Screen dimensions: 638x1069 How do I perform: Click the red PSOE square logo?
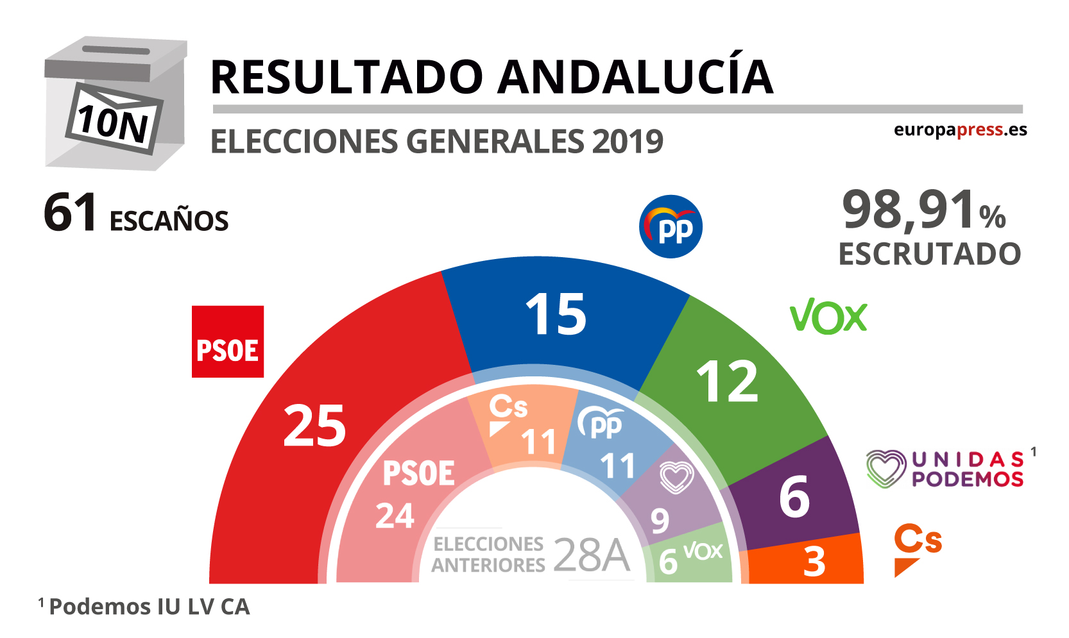228,342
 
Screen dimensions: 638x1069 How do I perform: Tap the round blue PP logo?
671,227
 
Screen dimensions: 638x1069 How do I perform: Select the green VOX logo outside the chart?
828,316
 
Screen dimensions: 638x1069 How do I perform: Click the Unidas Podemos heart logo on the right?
885,469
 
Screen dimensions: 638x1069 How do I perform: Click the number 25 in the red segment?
314,426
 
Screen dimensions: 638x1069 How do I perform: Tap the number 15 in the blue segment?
556,314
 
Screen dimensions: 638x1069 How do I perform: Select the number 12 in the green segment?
727,382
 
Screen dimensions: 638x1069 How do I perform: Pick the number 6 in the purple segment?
794,498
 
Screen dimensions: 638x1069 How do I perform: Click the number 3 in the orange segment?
814,562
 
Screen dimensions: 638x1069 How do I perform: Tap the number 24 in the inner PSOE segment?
395,516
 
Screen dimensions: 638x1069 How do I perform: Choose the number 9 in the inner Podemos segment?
660,521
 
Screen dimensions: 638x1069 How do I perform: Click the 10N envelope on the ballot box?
114,119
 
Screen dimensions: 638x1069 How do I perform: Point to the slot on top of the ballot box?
115,50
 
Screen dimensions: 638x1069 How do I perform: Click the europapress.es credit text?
960,130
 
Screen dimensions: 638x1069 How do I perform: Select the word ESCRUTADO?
929,254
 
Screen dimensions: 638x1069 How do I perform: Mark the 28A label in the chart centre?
591,555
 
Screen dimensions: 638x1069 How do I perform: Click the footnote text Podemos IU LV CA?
149,607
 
